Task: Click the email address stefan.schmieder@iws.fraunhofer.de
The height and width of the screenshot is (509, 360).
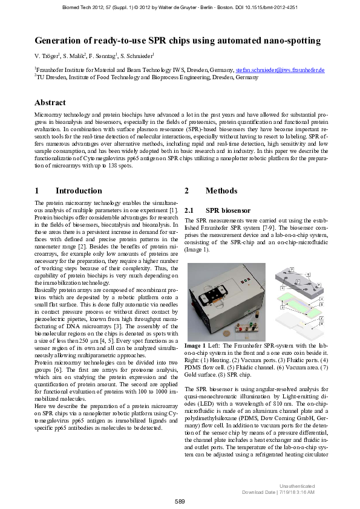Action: point(280,70)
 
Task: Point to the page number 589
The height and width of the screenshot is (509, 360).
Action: point(180,501)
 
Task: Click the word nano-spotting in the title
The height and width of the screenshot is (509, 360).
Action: point(290,41)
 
